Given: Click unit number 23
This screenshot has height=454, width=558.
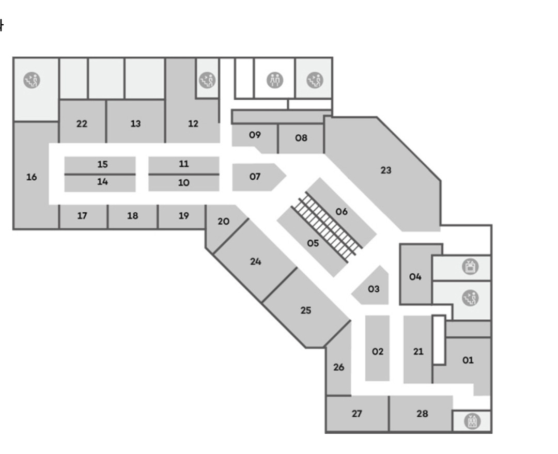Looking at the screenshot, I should coord(386,170).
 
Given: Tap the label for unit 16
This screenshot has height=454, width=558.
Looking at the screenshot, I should coord(32,177).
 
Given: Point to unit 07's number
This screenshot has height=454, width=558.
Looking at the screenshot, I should coord(255,177).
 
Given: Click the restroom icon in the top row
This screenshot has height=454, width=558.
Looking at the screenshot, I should coord(275,80).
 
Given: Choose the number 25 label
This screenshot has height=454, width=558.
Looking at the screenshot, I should coord(306,310).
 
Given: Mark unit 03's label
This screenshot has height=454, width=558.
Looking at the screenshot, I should coord(374,289).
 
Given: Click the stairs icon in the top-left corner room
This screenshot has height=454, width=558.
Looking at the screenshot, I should coord(33,80).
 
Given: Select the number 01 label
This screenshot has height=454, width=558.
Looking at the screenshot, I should coord(468,361).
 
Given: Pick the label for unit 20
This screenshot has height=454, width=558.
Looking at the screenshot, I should coord(223,221).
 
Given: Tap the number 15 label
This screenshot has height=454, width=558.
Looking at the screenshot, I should coord(102,164).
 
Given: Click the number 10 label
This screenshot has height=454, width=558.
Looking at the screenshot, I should coord(183,182).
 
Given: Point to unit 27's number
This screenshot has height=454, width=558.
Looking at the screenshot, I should coord(357,413).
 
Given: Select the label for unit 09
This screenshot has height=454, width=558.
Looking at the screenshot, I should coord(254,135).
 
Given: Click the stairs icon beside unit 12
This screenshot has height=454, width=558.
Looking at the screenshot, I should coord(208,80).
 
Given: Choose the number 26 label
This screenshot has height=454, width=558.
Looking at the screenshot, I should coord(338,367).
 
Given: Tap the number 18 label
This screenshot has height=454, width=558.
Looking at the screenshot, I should coord(133,216).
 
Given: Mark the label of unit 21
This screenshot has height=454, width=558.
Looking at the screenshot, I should coord(418,352).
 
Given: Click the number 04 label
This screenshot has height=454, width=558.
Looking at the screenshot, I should coord(415,276).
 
